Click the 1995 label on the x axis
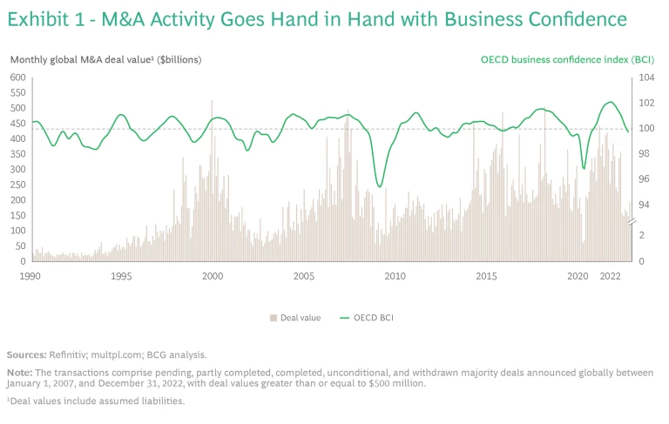(x=121, y=276)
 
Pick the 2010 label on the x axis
(x=395, y=276)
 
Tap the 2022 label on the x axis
(x=612, y=276)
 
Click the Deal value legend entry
(x=300, y=318)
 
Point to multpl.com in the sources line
(x=128, y=354)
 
